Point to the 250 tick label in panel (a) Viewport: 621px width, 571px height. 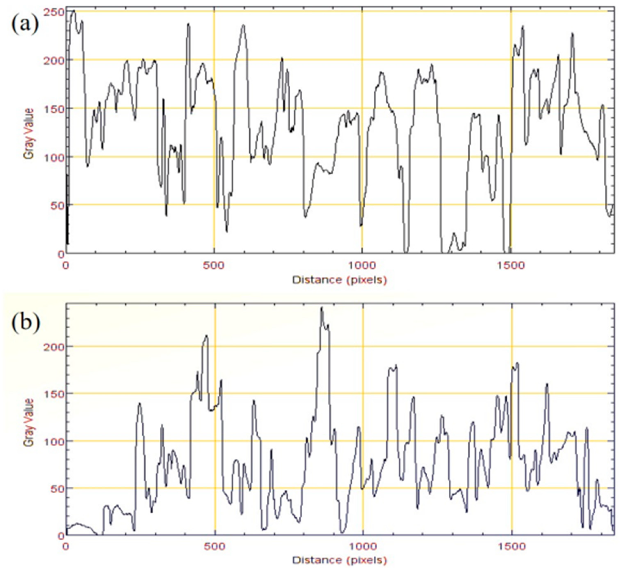coord(55,12)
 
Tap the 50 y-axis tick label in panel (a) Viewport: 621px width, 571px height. coord(57,205)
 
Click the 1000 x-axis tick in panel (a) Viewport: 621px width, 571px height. coord(362,265)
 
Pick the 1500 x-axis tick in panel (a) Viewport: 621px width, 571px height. coord(510,265)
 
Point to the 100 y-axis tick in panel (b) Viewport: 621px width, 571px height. coord(55,441)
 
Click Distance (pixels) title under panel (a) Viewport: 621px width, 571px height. coord(339,280)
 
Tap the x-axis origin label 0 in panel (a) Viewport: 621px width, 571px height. coord(66,265)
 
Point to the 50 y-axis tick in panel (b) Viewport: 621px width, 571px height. coord(57,488)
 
